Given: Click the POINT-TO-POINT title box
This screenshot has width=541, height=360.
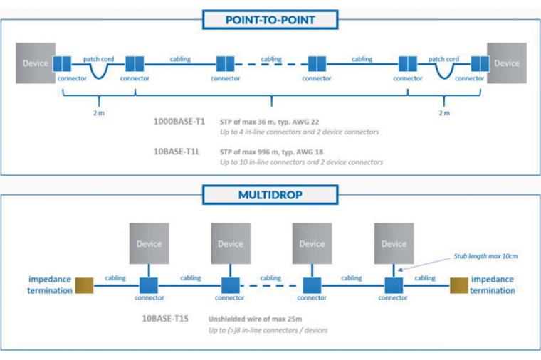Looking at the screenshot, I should click(270, 20).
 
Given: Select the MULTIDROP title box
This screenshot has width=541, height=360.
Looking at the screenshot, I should click(270, 194).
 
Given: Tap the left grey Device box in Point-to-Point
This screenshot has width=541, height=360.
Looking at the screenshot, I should click(36, 63).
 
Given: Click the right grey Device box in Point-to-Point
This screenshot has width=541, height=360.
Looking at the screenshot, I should click(507, 63).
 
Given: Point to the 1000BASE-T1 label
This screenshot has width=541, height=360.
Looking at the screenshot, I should click(179, 122).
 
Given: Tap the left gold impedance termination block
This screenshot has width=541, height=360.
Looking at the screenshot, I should click(85, 285).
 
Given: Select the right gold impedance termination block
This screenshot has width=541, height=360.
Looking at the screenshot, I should click(459, 285).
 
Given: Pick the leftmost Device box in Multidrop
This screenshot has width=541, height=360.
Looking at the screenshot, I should click(149, 244).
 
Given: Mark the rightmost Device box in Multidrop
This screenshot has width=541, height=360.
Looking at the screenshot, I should click(394, 244).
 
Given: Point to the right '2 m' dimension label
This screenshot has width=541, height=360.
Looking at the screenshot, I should click(444, 112).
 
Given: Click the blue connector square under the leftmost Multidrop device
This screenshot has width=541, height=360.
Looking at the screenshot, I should click(149, 285).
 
